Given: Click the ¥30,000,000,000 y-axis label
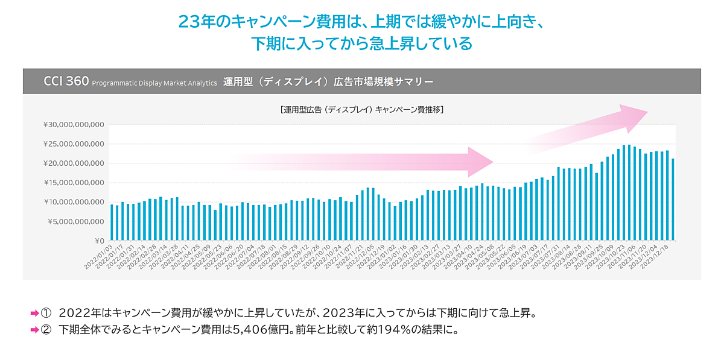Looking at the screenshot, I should click(x=75, y=125).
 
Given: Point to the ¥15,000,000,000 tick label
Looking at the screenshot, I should click(x=75, y=183).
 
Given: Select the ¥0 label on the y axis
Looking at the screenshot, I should click(x=100, y=241).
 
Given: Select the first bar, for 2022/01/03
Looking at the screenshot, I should click(x=112, y=223).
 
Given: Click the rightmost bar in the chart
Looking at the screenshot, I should click(x=673, y=200).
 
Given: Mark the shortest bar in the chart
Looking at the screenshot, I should click(x=215, y=226).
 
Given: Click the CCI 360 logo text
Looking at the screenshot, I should click(x=66, y=81).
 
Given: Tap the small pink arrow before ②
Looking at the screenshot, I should click(x=34, y=330).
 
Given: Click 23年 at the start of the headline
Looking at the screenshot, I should click(x=197, y=21).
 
